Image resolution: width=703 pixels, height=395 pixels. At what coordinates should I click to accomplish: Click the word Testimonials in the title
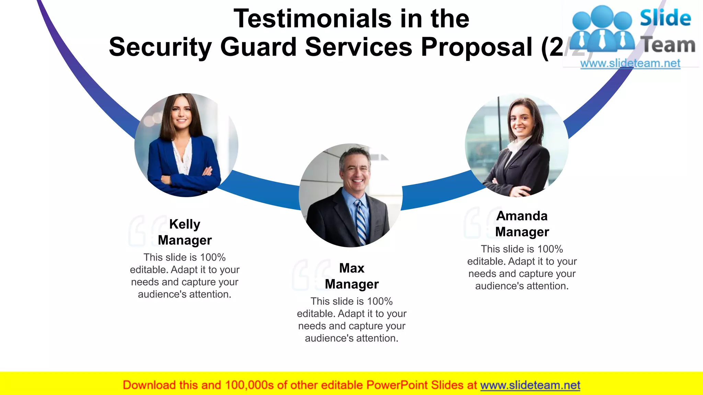(x=312, y=19)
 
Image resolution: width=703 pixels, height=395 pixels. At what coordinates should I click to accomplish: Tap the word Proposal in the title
(x=476, y=47)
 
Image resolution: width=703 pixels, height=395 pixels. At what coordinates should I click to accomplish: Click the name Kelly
(x=185, y=224)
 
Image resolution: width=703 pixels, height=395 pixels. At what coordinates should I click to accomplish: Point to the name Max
(x=351, y=268)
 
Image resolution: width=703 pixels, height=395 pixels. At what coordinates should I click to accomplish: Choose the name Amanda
(x=522, y=216)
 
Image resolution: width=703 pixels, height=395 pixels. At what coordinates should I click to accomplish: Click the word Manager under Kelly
(x=185, y=240)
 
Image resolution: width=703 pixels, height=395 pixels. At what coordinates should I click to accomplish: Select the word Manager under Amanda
(x=522, y=232)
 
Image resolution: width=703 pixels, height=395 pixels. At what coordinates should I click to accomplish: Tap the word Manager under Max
(x=351, y=284)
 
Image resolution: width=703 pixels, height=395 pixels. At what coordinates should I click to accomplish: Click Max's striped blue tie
(x=360, y=223)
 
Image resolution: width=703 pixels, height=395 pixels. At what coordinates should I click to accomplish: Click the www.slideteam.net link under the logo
(x=630, y=63)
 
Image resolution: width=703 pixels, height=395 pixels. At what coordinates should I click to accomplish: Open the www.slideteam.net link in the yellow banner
(x=530, y=385)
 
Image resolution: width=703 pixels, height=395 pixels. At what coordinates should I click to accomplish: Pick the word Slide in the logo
(x=665, y=18)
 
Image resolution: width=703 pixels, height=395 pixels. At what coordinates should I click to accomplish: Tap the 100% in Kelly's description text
(x=213, y=258)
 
